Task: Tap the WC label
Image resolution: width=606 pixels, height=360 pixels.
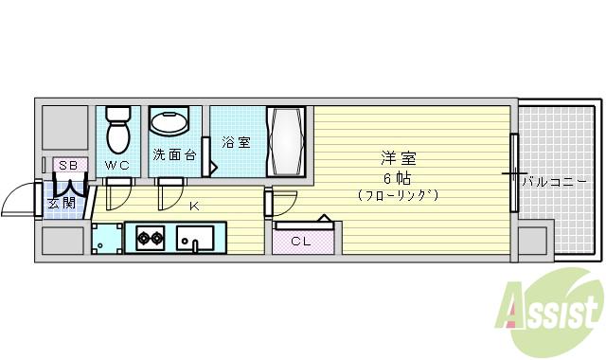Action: click(117, 166)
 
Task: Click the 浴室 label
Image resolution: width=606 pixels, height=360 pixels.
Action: click(236, 143)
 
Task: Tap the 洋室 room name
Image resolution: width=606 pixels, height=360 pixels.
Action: click(399, 158)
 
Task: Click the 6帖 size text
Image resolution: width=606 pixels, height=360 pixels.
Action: click(398, 178)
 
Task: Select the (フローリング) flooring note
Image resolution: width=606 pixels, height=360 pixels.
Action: click(398, 196)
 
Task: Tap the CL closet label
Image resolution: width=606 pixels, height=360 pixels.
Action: click(299, 242)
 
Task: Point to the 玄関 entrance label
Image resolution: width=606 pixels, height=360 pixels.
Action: click(63, 202)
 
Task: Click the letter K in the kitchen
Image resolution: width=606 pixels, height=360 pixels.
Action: click(194, 206)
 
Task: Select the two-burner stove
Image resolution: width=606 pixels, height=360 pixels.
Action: click(150, 238)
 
